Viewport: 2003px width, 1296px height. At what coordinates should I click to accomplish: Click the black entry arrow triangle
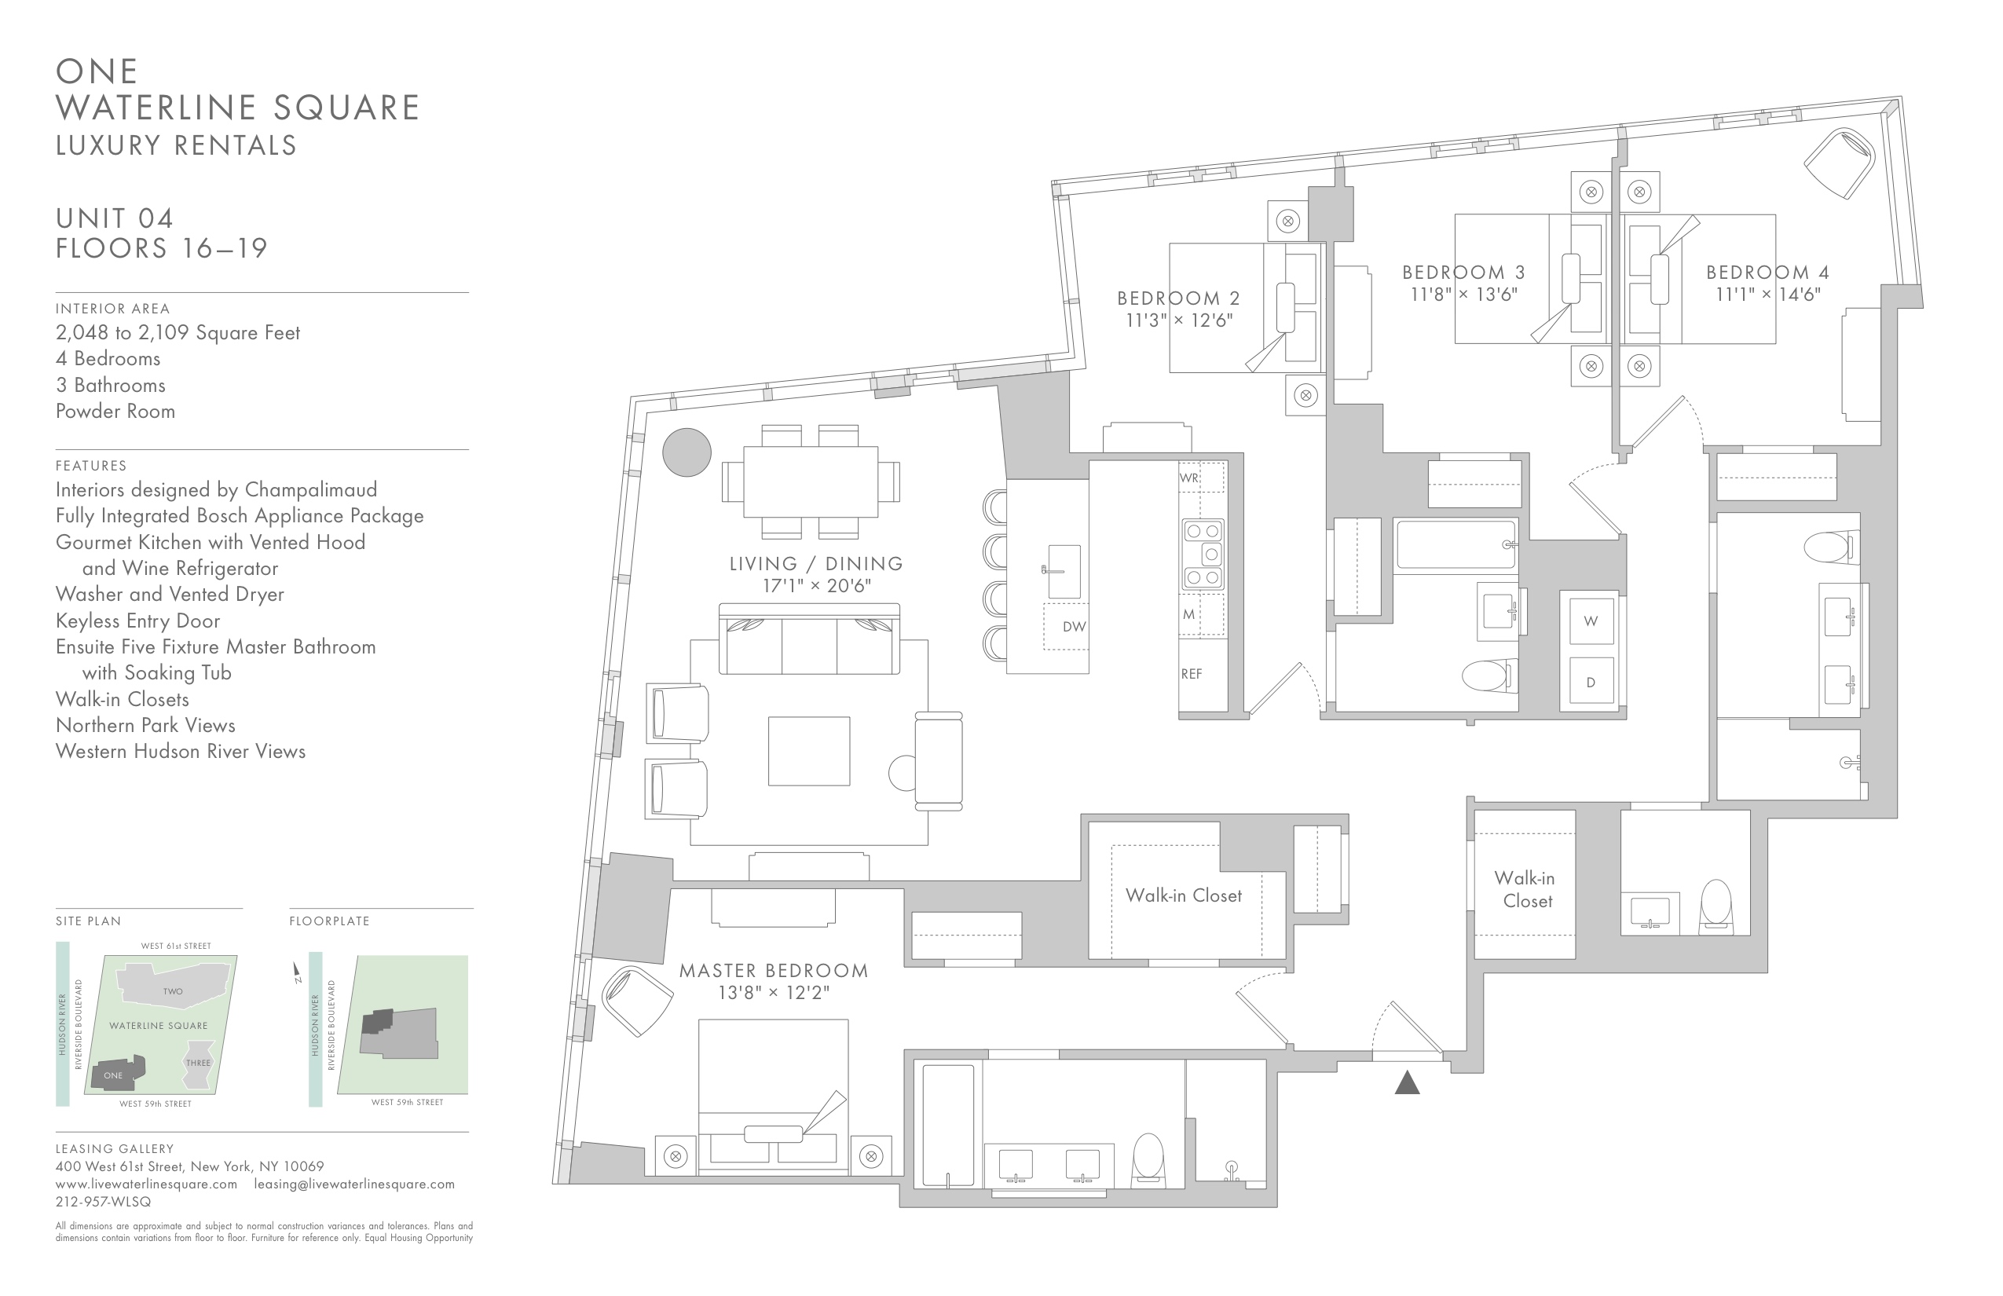point(1407,1082)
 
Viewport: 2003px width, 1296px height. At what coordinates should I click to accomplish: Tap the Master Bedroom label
point(774,970)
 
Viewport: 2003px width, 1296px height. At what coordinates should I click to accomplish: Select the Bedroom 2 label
point(1178,298)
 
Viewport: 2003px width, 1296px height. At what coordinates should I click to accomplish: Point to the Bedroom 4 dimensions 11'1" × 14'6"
point(1767,295)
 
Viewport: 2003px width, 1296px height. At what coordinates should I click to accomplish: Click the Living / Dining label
point(815,563)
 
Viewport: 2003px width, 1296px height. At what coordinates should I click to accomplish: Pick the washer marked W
point(1591,621)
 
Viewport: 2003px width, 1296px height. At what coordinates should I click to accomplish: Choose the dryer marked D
point(1591,682)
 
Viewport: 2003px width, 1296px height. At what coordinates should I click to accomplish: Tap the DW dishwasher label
point(1074,626)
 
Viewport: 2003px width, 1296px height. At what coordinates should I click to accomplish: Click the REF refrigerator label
point(1192,673)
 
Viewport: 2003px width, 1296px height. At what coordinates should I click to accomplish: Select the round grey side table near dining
point(687,452)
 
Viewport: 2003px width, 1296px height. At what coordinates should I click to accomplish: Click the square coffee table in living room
point(809,751)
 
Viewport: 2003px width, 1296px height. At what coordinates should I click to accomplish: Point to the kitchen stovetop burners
point(1203,554)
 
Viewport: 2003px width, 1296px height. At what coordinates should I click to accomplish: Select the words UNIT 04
point(115,219)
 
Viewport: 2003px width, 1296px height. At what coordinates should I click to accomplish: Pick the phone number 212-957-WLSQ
point(104,1202)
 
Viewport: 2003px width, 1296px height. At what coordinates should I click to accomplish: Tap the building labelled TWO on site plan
point(174,987)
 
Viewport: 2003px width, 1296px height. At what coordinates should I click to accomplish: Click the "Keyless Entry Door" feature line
point(138,621)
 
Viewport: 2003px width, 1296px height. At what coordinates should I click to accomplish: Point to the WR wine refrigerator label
point(1189,478)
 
